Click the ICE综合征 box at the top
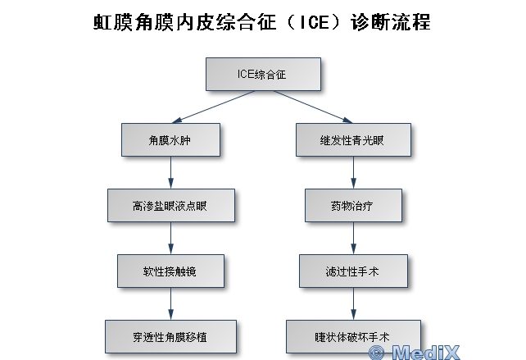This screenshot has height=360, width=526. pyautogui.click(x=261, y=75)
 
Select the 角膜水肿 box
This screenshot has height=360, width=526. pyautogui.click(x=170, y=139)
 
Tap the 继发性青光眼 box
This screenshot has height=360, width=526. pyautogui.click(x=352, y=139)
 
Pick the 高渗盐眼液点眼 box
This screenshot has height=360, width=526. pyautogui.click(x=170, y=205)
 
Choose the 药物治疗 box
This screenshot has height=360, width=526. pyautogui.click(x=353, y=205)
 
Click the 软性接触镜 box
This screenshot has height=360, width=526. pyautogui.click(x=170, y=270)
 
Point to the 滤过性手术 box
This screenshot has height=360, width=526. pyautogui.click(x=353, y=270)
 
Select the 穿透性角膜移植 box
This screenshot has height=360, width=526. pyautogui.click(x=170, y=336)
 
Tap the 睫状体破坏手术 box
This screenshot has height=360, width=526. pyautogui.click(x=353, y=336)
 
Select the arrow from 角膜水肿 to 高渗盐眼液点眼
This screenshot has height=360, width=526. pyautogui.click(x=170, y=172)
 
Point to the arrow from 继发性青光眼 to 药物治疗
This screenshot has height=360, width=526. pyautogui.click(x=353, y=172)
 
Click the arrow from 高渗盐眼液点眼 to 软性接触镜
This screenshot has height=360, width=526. pyautogui.click(x=170, y=238)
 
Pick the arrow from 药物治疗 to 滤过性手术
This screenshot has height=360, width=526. pyautogui.click(x=353, y=238)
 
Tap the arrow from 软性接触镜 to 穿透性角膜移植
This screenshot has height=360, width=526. pyautogui.click(x=170, y=303)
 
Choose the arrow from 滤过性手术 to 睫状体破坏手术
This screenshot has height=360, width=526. pyautogui.click(x=353, y=303)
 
